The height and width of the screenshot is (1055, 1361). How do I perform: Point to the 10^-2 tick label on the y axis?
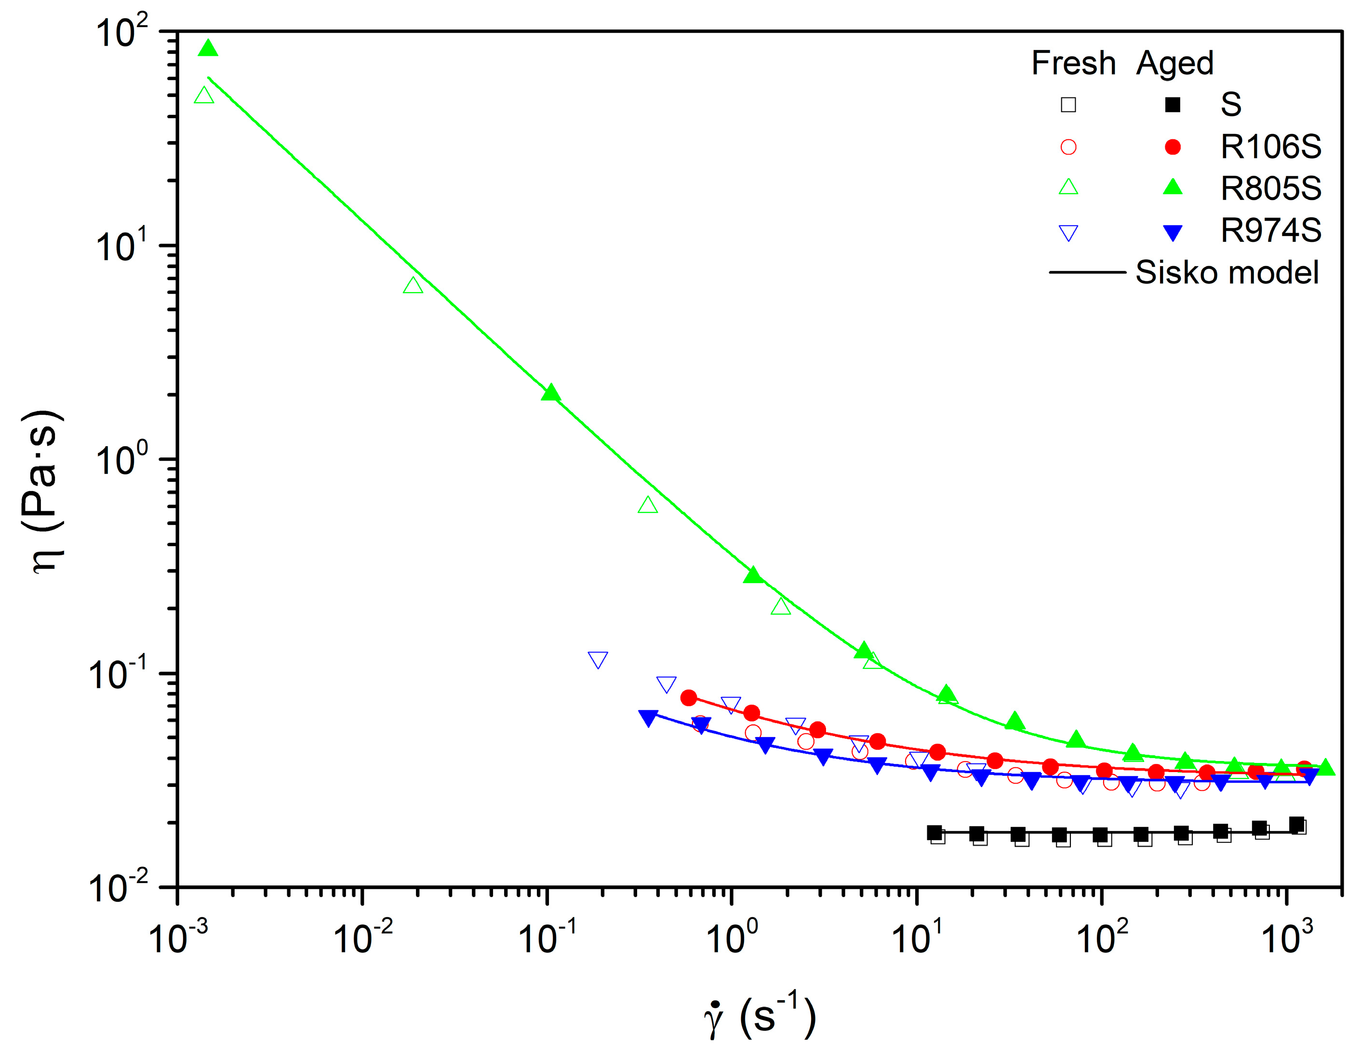click(x=119, y=887)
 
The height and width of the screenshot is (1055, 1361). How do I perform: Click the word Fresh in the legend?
click(x=1073, y=63)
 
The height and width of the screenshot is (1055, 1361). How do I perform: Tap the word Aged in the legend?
click(x=1174, y=63)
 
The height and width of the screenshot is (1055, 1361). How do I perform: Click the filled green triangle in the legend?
click(x=1173, y=187)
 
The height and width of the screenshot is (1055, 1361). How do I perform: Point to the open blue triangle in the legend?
click(x=1068, y=233)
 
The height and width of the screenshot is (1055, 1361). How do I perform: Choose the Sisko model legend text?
click(x=1227, y=272)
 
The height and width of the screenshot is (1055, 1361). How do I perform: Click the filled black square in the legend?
click(x=1173, y=105)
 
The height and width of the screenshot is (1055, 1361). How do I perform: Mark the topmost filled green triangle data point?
click(x=208, y=49)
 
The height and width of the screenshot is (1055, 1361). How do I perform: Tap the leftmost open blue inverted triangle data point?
click(x=598, y=659)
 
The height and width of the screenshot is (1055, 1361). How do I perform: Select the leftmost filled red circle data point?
click(x=689, y=698)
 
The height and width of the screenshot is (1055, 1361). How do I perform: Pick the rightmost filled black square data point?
click(x=1297, y=825)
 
